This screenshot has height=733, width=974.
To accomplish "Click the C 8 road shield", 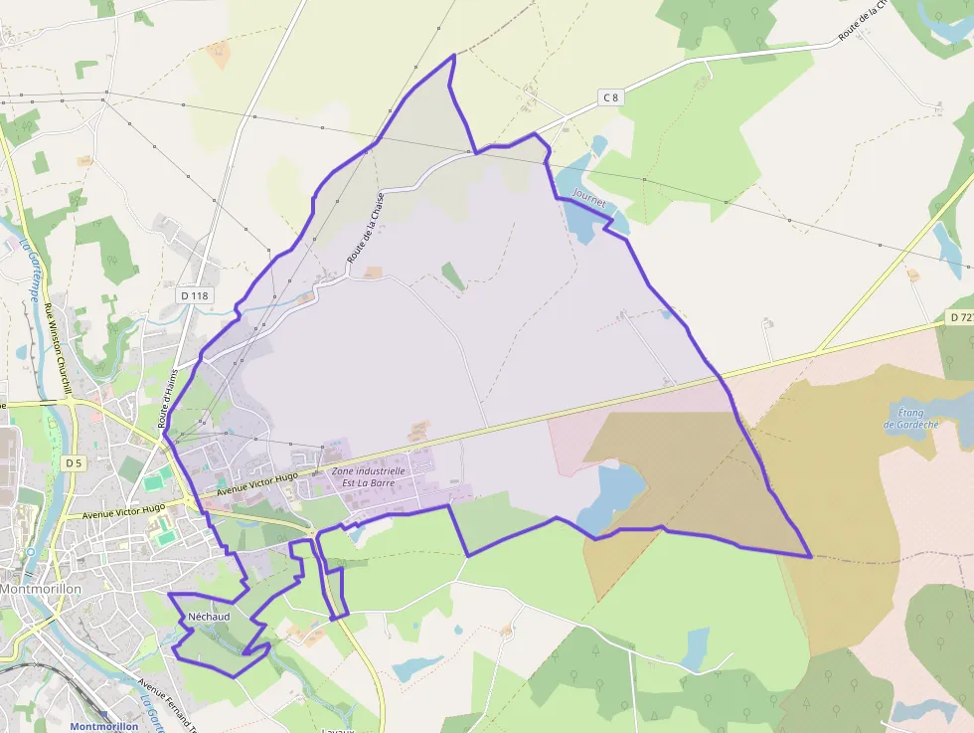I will coord(610,96).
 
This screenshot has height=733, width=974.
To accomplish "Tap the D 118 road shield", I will coord(193,295).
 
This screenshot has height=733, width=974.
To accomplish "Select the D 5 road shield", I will coord(73,462).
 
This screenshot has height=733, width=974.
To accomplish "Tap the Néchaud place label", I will coord(209,617).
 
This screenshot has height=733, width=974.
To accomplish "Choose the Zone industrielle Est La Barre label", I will coord(368,477).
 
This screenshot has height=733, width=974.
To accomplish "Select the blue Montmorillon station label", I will coord(103,726).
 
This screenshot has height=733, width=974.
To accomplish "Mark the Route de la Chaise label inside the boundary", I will coord(365,229).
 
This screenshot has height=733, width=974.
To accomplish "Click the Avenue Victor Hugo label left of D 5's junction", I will coord(124,511).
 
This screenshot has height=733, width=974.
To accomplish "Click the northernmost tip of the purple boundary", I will coord(454,55).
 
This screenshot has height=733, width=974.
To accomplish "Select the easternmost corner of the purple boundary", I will coord(812,556).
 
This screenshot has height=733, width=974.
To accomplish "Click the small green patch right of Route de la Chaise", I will coord(452,275).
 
